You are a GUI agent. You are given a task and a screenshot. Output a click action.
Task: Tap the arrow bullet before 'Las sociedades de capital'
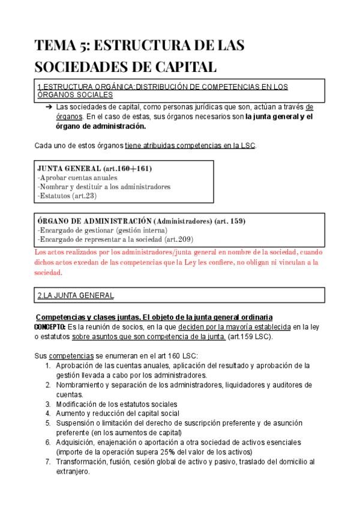coord(48,106)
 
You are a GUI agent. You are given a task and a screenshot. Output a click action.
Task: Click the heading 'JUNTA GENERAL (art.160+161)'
coord(94,169)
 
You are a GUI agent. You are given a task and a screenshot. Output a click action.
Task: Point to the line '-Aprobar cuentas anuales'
coord(77,178)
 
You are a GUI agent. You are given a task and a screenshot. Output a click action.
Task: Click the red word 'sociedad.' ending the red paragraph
coord(49,272)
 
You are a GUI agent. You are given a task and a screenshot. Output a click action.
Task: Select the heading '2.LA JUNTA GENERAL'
coord(76,295)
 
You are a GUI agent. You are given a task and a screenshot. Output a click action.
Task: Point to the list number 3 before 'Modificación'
coord(48,404)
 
